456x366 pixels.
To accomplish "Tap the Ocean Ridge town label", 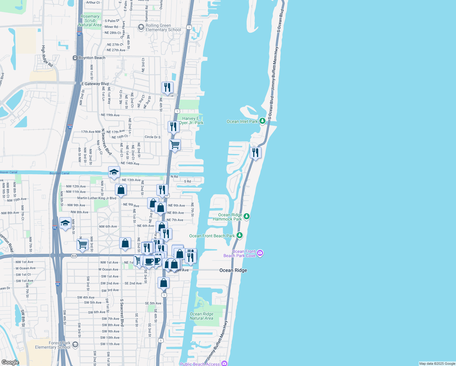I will click(x=233, y=270).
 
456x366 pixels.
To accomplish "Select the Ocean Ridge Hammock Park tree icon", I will click(x=247, y=217).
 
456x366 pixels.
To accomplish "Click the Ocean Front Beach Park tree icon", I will click(x=240, y=235).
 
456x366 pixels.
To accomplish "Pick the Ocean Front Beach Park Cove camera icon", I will click(x=260, y=253).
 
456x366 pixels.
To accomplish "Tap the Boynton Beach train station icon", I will click(x=75, y=58).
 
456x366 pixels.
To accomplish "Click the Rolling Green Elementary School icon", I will click(x=141, y=27).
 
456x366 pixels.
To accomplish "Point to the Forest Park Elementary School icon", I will click(x=75, y=345).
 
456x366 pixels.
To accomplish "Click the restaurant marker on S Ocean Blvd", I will click(x=255, y=152).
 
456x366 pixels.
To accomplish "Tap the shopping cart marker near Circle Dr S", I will click(x=175, y=145).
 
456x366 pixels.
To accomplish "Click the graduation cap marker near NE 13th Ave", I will click(x=114, y=172).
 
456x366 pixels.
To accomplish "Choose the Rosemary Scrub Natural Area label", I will click(x=90, y=21).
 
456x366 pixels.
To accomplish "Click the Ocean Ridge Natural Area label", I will click(x=201, y=316).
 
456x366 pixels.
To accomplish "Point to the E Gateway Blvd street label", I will click(x=95, y=84).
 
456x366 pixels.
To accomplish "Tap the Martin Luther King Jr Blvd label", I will click(x=97, y=198).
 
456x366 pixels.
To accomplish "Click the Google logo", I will click(x=10, y=362).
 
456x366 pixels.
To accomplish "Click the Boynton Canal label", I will click(x=59, y=173).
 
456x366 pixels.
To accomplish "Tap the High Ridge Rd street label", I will click(x=47, y=56).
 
